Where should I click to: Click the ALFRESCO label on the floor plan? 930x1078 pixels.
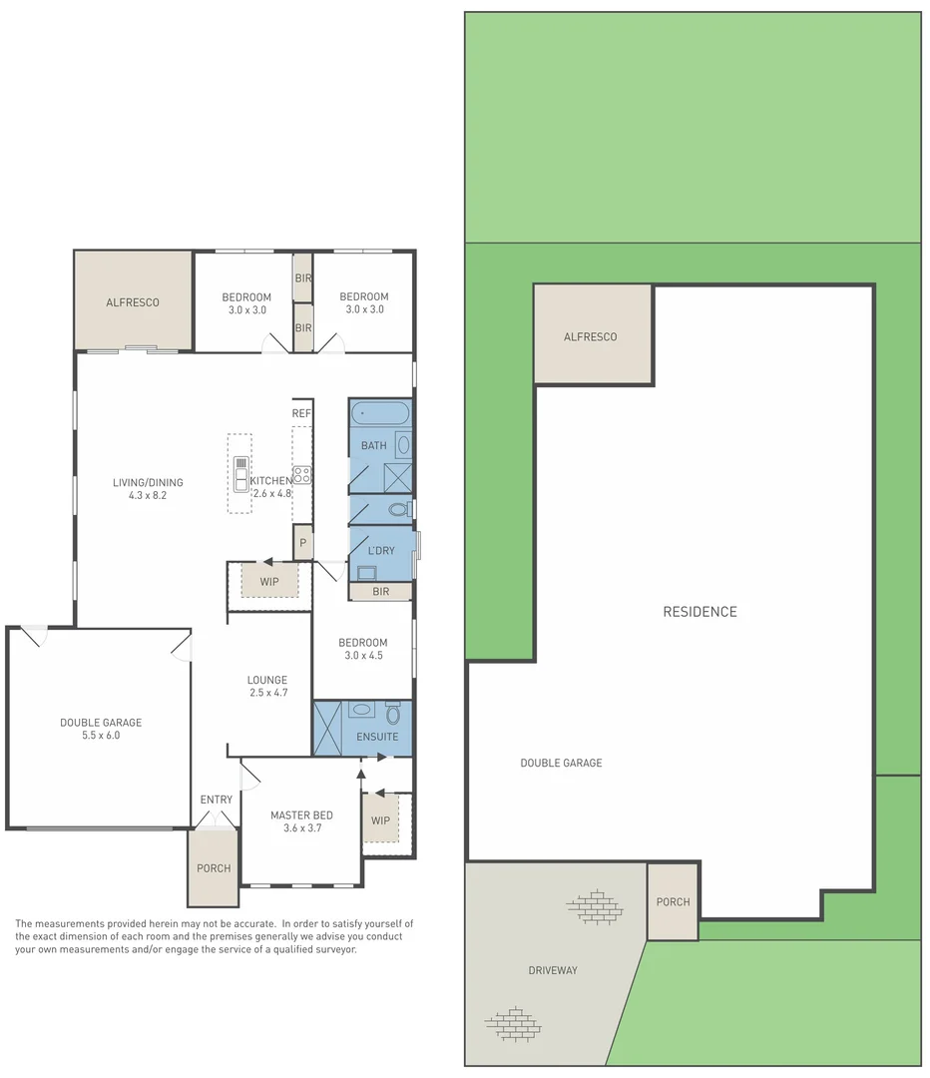133,302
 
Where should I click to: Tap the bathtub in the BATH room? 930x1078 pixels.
379,412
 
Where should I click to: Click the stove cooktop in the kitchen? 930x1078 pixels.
301,475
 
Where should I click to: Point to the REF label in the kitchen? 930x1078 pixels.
301,413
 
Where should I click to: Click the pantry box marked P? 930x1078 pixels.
302,544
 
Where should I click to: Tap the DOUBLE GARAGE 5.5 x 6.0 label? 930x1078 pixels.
101,729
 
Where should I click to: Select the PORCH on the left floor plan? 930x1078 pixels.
214,867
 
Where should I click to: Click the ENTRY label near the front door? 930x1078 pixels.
217,800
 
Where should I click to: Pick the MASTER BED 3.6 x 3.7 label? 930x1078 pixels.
301,821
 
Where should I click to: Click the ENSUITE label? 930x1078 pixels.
378,737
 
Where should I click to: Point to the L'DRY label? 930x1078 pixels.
381,551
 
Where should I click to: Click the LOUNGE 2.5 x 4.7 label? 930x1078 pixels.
267,687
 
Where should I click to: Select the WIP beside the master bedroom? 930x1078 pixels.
380,820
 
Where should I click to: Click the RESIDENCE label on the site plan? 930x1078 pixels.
699,612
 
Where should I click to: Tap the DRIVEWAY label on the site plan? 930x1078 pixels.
553,970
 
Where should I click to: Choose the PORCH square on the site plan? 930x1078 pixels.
673,902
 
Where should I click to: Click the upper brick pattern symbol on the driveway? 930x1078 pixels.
595,905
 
